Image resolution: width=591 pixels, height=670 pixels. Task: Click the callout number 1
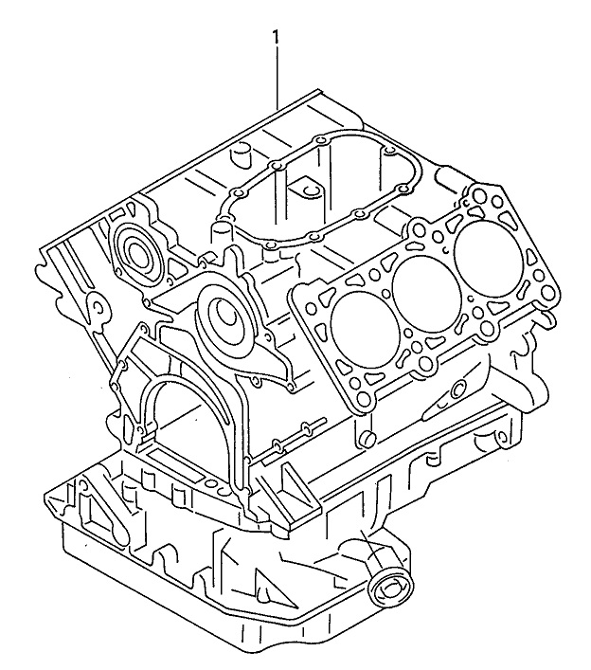(x=276, y=37)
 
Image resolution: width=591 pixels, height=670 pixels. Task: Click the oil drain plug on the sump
(x=390, y=587)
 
